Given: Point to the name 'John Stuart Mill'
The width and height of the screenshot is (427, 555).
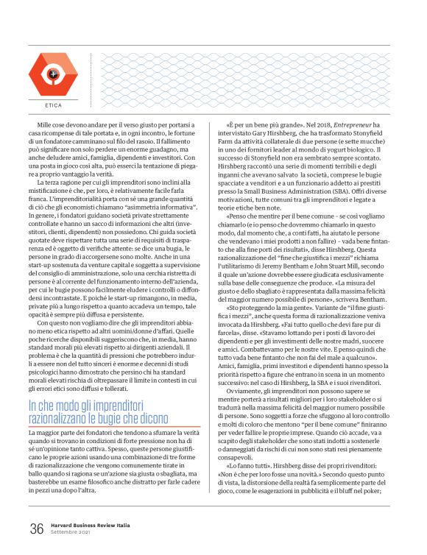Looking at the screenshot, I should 356,279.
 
